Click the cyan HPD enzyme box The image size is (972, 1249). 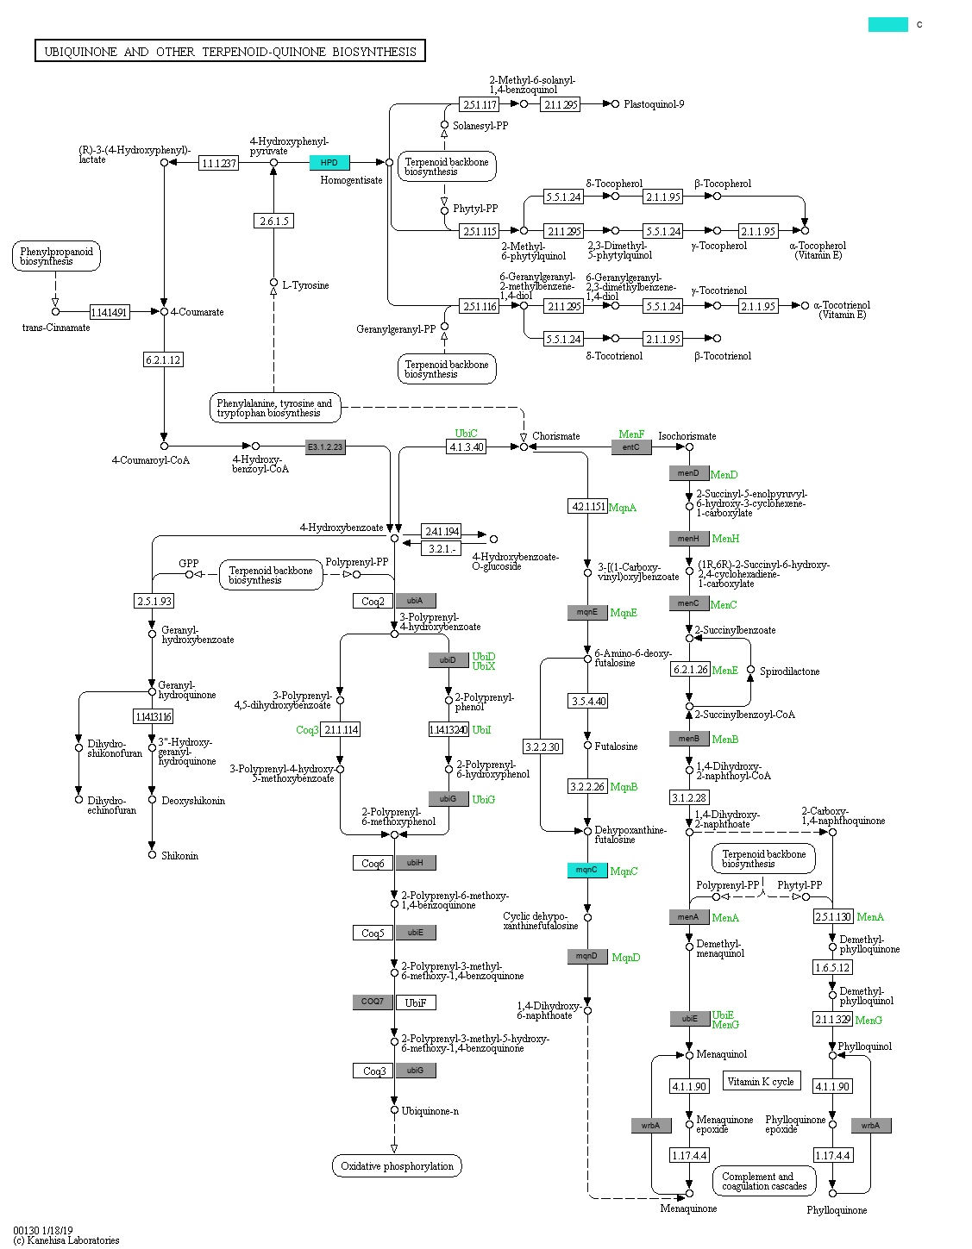click(x=329, y=163)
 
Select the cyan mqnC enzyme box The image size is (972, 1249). click(x=587, y=870)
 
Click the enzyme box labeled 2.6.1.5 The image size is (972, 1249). click(x=273, y=221)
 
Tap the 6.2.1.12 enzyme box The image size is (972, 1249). click(x=163, y=359)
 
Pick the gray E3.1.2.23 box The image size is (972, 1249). click(x=325, y=447)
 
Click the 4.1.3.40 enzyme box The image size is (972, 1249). click(x=467, y=447)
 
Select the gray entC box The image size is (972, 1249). click(x=631, y=447)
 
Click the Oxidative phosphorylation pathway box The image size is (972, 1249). click(x=397, y=1165)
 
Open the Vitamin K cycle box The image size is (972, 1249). click(x=761, y=1081)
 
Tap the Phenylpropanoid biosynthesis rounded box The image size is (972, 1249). click(x=56, y=256)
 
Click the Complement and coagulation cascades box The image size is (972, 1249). click(x=764, y=1181)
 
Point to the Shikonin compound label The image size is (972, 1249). click(x=179, y=855)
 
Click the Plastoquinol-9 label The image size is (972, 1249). click(x=654, y=104)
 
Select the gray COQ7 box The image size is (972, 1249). click(x=373, y=1002)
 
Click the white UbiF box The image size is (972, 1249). click(x=416, y=1002)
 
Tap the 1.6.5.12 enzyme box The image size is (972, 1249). click(x=832, y=967)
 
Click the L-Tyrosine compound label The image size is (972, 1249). click(x=305, y=285)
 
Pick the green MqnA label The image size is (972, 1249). click(x=623, y=508)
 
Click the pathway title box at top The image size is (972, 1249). click(x=230, y=51)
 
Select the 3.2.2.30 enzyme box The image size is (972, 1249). click(x=543, y=746)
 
